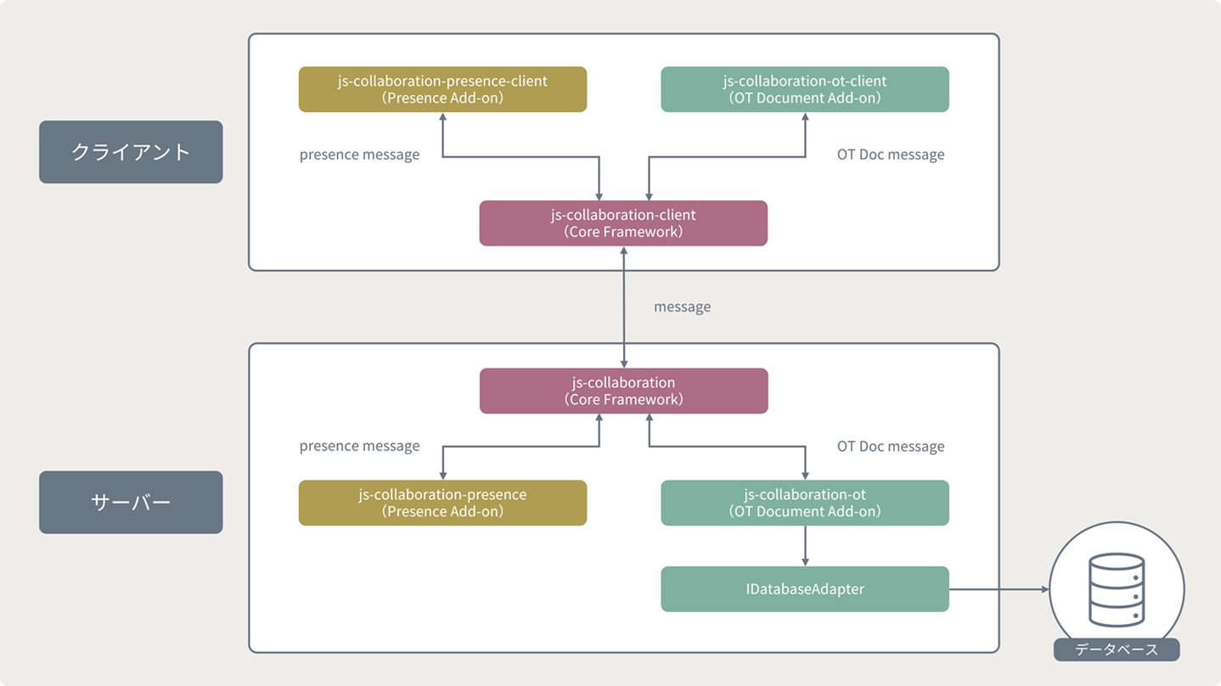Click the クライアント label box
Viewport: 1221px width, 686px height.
tap(131, 152)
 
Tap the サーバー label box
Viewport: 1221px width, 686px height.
tap(131, 502)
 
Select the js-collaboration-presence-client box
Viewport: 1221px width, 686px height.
tap(442, 89)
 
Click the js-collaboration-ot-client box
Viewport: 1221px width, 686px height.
tap(805, 89)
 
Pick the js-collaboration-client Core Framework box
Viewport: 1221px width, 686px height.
tap(623, 223)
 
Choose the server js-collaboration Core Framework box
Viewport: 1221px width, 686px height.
tap(623, 391)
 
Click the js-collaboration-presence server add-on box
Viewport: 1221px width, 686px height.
tap(442, 503)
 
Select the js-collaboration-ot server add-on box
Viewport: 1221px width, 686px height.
tap(805, 503)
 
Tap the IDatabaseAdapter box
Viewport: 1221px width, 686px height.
tap(805, 589)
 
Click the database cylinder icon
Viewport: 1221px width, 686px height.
tap(1117, 589)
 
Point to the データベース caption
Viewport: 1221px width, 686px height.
tap(1117, 649)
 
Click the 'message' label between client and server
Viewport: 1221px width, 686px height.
tap(682, 306)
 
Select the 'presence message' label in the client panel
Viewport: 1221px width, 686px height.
tap(359, 155)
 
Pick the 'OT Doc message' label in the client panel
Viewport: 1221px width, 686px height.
tap(891, 155)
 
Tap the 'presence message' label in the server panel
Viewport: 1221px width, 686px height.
tap(359, 447)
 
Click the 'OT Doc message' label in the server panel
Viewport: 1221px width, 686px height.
tap(891, 447)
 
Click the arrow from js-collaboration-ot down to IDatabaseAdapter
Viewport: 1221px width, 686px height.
tap(805, 546)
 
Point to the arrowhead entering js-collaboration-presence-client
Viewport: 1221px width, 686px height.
tap(442, 116)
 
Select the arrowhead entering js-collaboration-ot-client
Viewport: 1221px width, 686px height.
tap(805, 116)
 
